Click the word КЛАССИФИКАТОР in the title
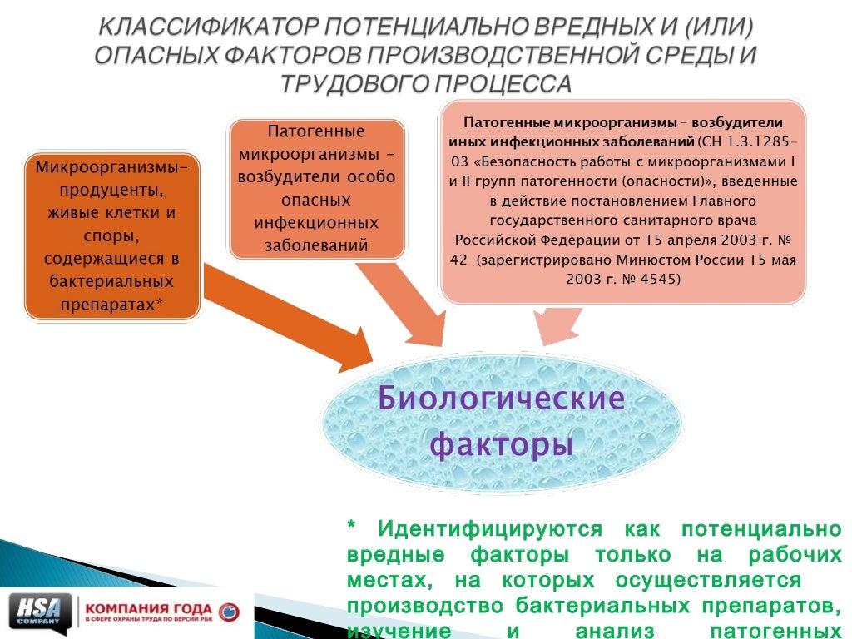tap(206, 27)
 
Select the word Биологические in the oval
tap(501, 398)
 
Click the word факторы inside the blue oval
tap(501, 444)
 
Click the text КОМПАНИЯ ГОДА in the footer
tap(149, 607)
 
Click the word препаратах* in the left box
tap(111, 305)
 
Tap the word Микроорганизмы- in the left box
tap(111, 167)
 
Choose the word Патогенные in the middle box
tap(316, 131)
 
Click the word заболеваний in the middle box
tap(316, 245)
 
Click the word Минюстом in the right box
tap(652, 260)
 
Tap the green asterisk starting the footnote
tap(352, 528)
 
